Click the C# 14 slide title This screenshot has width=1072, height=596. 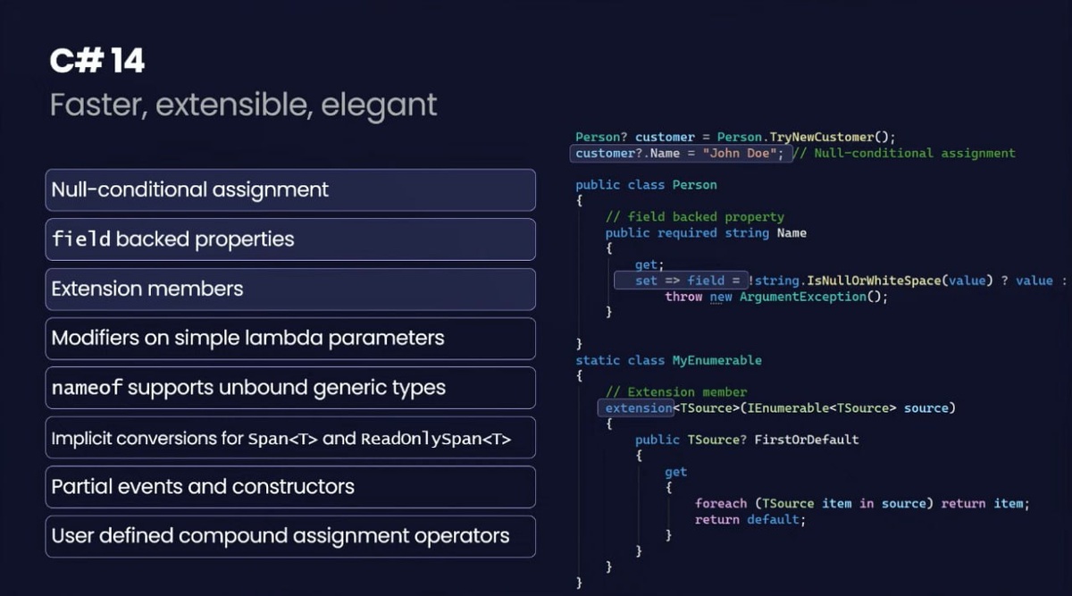pyautogui.click(x=97, y=61)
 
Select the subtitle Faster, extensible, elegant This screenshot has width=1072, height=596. pyautogui.click(x=243, y=105)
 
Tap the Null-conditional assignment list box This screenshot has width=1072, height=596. pyautogui.click(x=290, y=189)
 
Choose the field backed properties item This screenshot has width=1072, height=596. pyautogui.click(x=290, y=239)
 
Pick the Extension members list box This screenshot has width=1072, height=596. pyautogui.click(x=290, y=289)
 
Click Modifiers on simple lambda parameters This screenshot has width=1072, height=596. pyautogui.click(x=290, y=339)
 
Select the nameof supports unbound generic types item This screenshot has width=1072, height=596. pyautogui.click(x=290, y=388)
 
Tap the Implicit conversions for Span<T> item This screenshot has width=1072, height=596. pyautogui.click(x=290, y=438)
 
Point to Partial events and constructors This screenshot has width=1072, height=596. pyautogui.click(x=290, y=487)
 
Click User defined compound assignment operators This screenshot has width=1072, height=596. pyautogui.click(x=290, y=536)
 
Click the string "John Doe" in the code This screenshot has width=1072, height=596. pyautogui.click(x=737, y=153)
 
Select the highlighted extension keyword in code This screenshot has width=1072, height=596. pyautogui.click(x=638, y=408)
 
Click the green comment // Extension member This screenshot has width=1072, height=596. pyautogui.click(x=675, y=392)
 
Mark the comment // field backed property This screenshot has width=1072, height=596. pyautogui.click(x=694, y=216)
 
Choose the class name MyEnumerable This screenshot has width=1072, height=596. pyautogui.click(x=716, y=360)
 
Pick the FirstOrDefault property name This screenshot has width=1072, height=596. pyautogui.click(x=806, y=440)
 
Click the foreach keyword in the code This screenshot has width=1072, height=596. pyautogui.click(x=720, y=503)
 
